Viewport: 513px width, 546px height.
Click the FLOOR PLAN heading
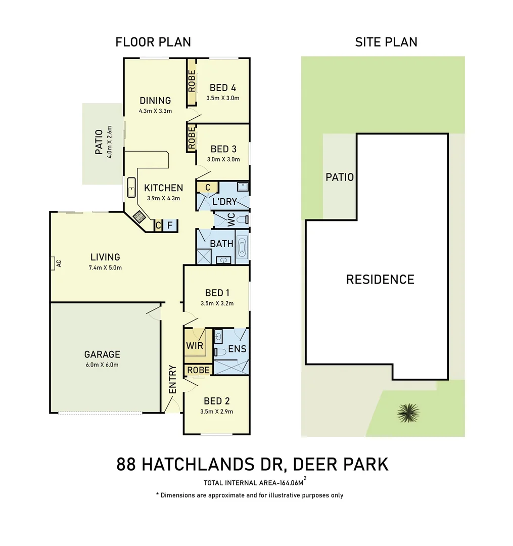click(153, 42)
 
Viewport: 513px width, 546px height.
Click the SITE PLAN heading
click(386, 42)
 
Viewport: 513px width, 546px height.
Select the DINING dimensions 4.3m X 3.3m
click(156, 111)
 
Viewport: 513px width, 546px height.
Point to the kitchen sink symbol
click(131, 188)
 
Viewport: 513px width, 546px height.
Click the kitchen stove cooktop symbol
click(138, 216)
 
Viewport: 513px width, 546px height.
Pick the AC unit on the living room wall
click(53, 263)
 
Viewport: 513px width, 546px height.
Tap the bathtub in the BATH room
click(242, 248)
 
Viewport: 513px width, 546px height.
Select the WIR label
click(195, 347)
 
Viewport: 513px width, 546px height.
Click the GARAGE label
click(102, 354)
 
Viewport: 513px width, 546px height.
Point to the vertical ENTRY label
click(172, 379)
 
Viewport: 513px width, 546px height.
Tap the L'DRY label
click(224, 202)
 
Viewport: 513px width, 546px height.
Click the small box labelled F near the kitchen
click(170, 225)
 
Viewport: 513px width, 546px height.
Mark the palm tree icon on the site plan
click(408, 413)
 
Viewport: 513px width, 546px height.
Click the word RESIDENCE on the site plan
click(380, 280)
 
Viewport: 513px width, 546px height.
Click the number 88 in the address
click(127, 464)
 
